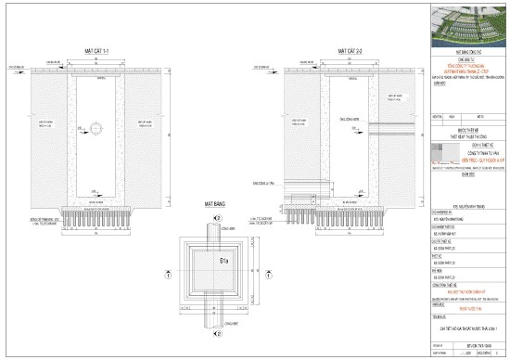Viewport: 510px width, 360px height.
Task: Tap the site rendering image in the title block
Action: tap(467, 22)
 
